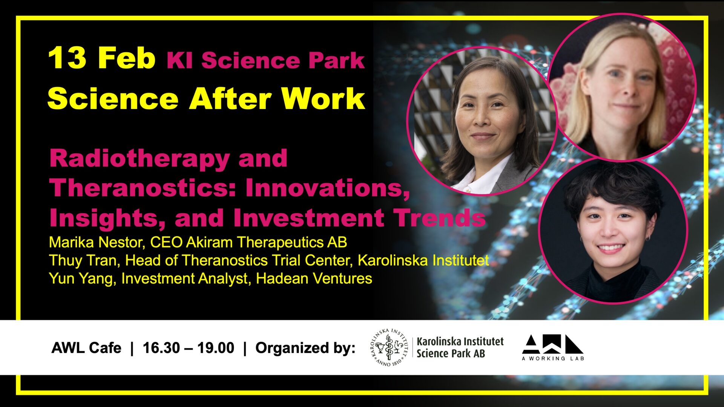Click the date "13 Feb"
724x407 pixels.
pos(102,58)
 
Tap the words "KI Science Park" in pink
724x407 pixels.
pos(266,60)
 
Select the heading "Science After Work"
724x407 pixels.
pos(206,98)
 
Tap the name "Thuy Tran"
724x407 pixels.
pos(84,261)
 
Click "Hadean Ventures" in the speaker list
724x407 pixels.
pos(314,278)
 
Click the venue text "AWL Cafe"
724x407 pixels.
pos(86,348)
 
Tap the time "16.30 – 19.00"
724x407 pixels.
pos(189,348)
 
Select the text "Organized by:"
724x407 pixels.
pos(305,348)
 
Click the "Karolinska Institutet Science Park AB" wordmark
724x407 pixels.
pos(460,347)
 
